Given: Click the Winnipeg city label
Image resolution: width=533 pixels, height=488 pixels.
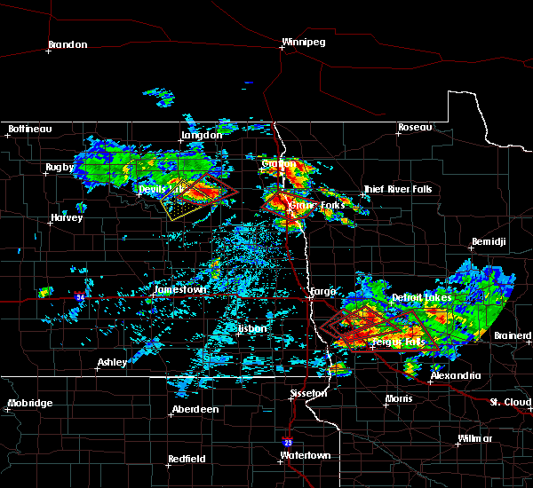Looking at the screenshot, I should pos(305,42).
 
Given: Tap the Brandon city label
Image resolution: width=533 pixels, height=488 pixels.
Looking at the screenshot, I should pos(68,44).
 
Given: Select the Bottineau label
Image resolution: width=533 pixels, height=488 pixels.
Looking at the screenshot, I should pos(30,129).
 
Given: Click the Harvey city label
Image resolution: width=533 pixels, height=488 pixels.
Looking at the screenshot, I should pos(68,217).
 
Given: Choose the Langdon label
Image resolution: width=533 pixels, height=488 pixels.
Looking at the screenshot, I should pos(202,135).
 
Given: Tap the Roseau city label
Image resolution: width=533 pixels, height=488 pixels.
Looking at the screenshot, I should pos(415,128).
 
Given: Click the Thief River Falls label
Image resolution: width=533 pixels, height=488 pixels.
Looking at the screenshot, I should pos(398,189).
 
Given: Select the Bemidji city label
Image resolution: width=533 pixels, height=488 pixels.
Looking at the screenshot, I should pos(489,241).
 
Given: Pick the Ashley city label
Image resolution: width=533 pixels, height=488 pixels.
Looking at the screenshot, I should pos(112,362).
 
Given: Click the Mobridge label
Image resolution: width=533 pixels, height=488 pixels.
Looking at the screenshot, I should pos(30,403).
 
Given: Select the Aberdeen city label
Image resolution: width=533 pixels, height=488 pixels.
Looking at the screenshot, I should pos(196,409).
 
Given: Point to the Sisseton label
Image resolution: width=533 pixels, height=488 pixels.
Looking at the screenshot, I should pos(310,392).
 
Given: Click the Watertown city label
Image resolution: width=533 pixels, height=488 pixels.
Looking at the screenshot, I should pos(305,455).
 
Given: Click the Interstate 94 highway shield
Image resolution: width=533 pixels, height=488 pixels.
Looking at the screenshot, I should pos(81,297).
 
